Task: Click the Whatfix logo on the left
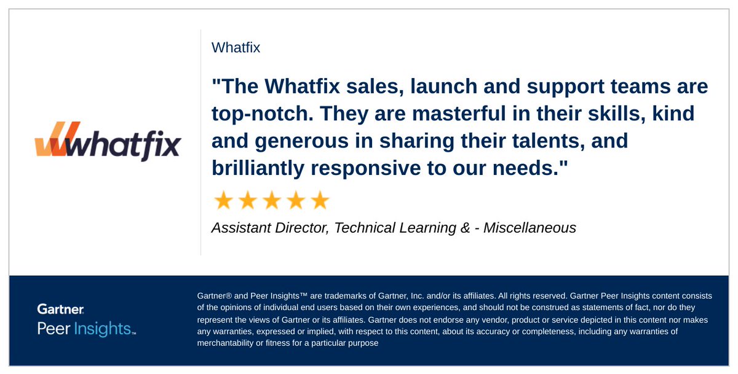coord(108,142)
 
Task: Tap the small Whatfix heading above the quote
coord(236,47)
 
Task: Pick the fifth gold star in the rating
coord(320,200)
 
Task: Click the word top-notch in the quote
coord(253,114)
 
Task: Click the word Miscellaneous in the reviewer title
coord(530,228)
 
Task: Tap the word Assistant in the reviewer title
coord(239,228)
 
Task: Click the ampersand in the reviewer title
coord(465,228)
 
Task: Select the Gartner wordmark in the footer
coord(61,310)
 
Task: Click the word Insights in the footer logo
coord(104,329)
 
